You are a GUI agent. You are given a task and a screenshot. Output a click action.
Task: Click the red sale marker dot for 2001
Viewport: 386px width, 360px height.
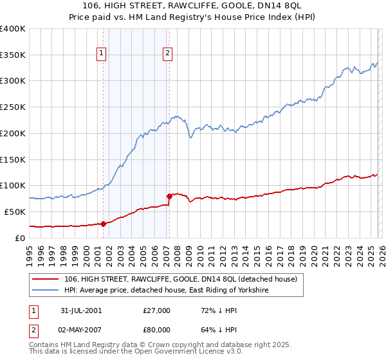(x=104, y=224)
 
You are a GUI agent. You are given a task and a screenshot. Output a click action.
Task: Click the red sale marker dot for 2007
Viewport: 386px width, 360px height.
(x=169, y=195)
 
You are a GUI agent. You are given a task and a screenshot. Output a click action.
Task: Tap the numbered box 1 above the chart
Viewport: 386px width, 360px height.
(x=102, y=54)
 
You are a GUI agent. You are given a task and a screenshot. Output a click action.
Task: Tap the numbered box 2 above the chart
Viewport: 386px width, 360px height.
(x=167, y=54)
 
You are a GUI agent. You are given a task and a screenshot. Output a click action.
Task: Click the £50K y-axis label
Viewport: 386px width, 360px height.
(x=15, y=212)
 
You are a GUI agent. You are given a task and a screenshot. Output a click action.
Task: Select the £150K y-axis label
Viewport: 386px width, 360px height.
(x=13, y=159)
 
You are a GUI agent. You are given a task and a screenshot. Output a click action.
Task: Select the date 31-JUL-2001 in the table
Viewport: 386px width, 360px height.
(x=80, y=310)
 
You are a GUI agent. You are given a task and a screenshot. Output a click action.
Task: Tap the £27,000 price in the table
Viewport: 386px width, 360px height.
(x=157, y=310)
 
